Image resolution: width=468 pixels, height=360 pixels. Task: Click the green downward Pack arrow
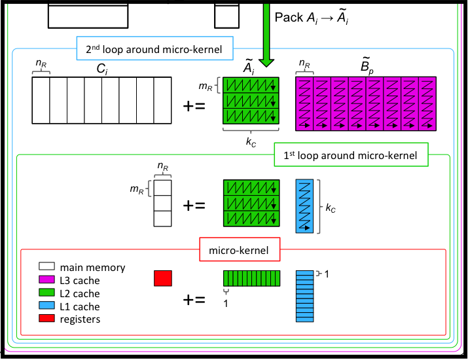(x=266, y=33)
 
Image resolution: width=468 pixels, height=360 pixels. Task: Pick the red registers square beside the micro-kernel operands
(x=162, y=278)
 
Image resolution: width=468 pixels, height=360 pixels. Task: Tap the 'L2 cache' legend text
(x=80, y=294)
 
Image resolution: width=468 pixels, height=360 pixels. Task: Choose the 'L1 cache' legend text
(x=80, y=307)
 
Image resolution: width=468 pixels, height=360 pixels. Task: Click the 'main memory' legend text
(x=92, y=268)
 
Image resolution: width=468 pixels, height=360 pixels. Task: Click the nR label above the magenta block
(x=304, y=64)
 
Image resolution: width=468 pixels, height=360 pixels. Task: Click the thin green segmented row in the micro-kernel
(x=251, y=278)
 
